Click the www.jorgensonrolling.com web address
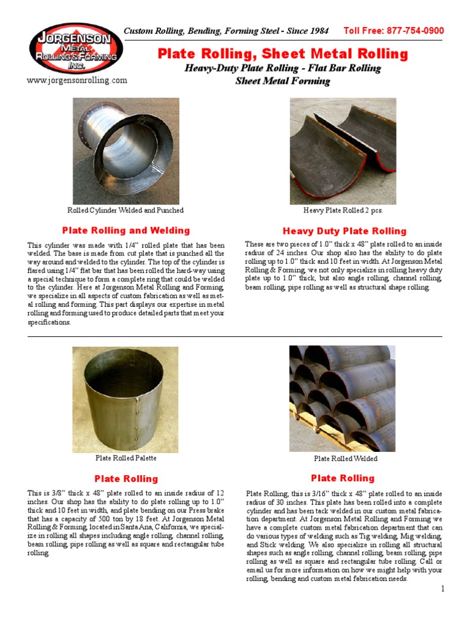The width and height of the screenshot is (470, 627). [77, 80]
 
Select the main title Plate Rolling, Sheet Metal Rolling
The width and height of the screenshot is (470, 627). [283, 54]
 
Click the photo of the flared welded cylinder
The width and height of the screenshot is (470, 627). [125, 151]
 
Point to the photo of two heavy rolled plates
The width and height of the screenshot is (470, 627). [343, 151]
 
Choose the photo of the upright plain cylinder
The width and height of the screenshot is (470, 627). [125, 399]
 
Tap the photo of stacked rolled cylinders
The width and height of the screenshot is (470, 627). [343, 398]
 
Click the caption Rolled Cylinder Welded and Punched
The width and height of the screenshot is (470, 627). [125, 211]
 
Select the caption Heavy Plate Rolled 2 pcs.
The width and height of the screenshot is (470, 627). [343, 211]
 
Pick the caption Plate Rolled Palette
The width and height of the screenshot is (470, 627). [126, 458]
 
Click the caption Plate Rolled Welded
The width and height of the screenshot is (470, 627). [346, 459]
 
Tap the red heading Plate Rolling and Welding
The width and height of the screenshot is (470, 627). [126, 231]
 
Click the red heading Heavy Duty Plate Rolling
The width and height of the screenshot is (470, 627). [345, 231]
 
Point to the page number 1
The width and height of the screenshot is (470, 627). [442, 589]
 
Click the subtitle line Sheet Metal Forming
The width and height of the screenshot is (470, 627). [283, 81]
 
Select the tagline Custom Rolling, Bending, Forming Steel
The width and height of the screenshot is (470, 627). [226, 31]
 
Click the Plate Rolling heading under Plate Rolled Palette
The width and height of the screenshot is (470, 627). [126, 479]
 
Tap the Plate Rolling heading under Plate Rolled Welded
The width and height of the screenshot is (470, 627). [343, 478]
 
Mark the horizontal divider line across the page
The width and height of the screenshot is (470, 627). [235, 336]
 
